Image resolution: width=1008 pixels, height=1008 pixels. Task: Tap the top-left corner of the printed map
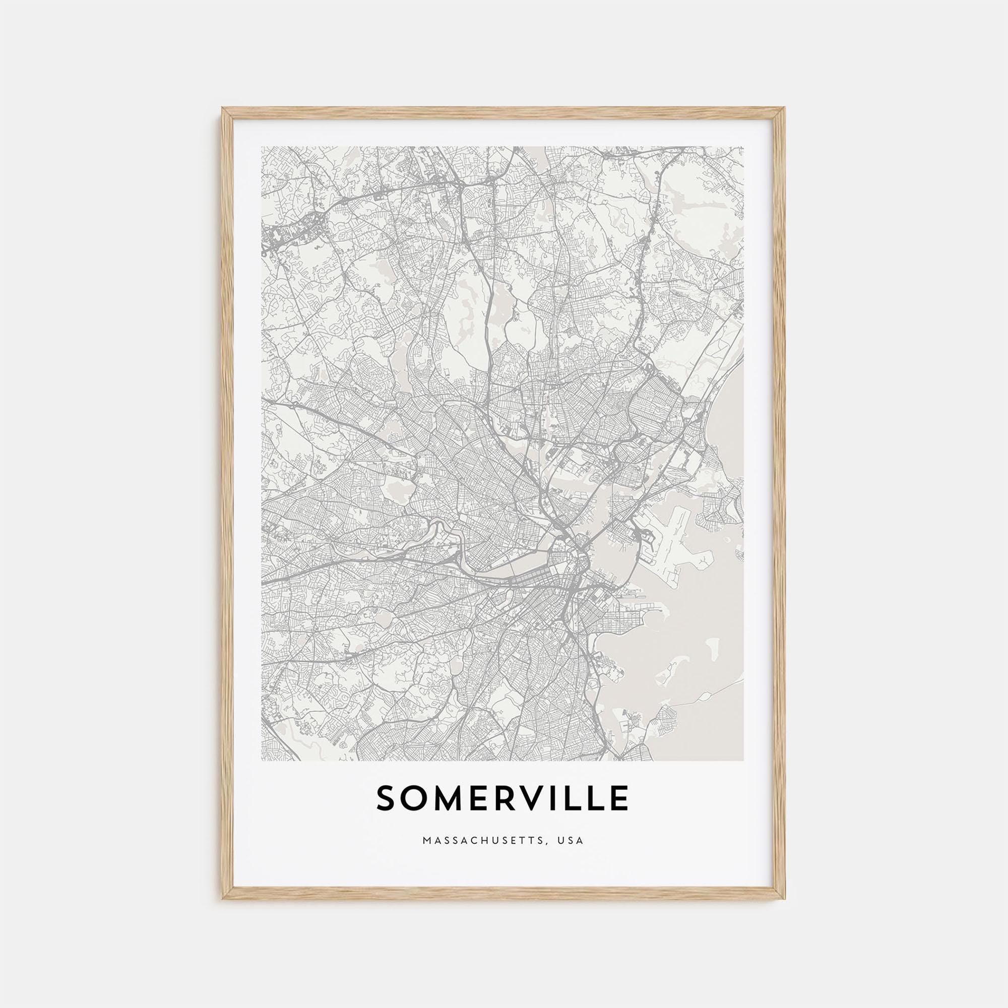tap(262, 147)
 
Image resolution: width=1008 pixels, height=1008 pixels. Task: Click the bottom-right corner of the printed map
tap(743, 760)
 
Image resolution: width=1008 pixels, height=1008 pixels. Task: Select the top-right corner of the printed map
tap(743, 147)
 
